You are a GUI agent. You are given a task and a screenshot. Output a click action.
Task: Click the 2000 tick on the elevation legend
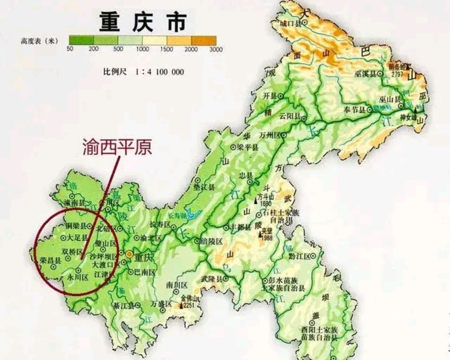click(x=191, y=49)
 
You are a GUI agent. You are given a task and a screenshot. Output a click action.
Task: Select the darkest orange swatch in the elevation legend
click(x=204, y=40)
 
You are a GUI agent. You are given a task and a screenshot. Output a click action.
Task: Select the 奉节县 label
click(x=354, y=110)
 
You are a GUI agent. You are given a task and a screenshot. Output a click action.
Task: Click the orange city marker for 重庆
click(x=130, y=254)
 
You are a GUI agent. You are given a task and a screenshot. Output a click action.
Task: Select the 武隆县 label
click(x=212, y=279)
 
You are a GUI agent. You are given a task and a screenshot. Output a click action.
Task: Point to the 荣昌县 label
click(x=50, y=260)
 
